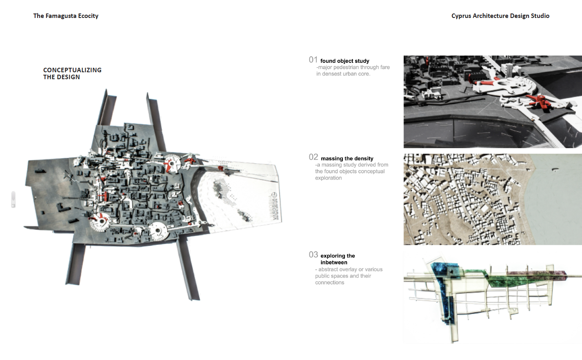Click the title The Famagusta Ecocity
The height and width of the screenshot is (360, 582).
(x=66, y=16)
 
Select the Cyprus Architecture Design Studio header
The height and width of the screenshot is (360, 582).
(x=500, y=16)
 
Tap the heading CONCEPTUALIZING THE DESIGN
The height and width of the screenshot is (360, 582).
(x=72, y=73)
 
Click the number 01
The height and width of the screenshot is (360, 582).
(x=313, y=60)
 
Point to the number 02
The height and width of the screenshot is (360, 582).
(x=313, y=157)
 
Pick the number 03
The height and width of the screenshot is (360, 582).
(x=313, y=254)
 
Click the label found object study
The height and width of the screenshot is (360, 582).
(x=344, y=61)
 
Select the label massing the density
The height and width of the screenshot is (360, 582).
(x=347, y=158)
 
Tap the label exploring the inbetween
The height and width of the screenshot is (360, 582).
(x=338, y=259)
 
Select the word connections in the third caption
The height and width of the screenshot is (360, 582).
(x=329, y=282)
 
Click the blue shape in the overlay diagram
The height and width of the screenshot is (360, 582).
(x=445, y=291)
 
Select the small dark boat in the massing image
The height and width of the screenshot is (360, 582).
(x=554, y=169)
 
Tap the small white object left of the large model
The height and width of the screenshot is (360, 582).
(x=13, y=200)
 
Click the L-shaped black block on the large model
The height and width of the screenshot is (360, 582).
(x=63, y=207)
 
